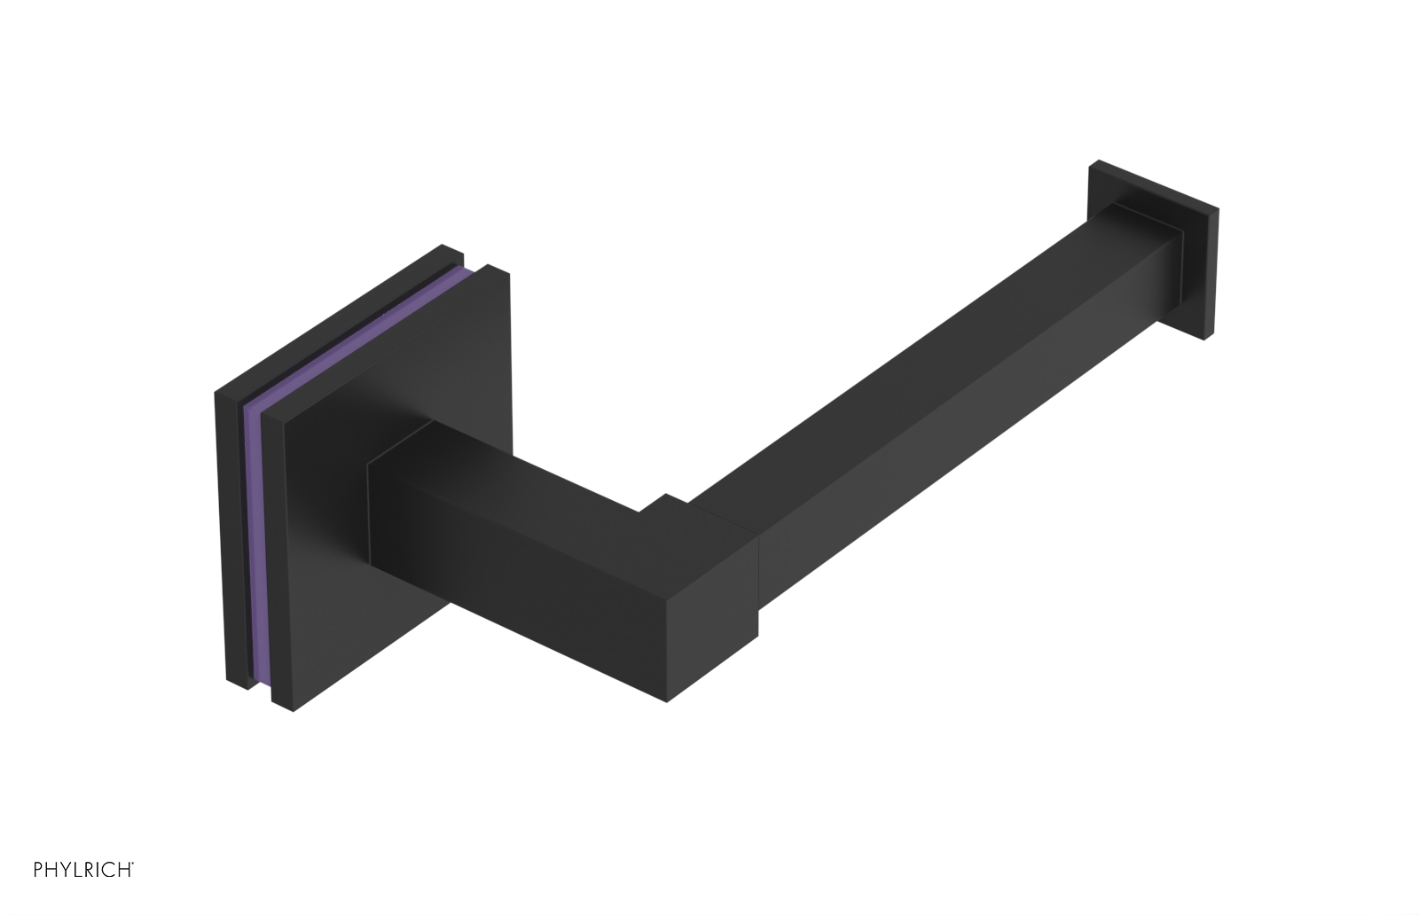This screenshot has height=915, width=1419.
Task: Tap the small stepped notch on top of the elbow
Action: [663, 504]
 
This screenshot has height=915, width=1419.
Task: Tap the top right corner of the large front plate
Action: [508, 272]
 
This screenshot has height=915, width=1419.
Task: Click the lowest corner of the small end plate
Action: [1204, 339]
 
